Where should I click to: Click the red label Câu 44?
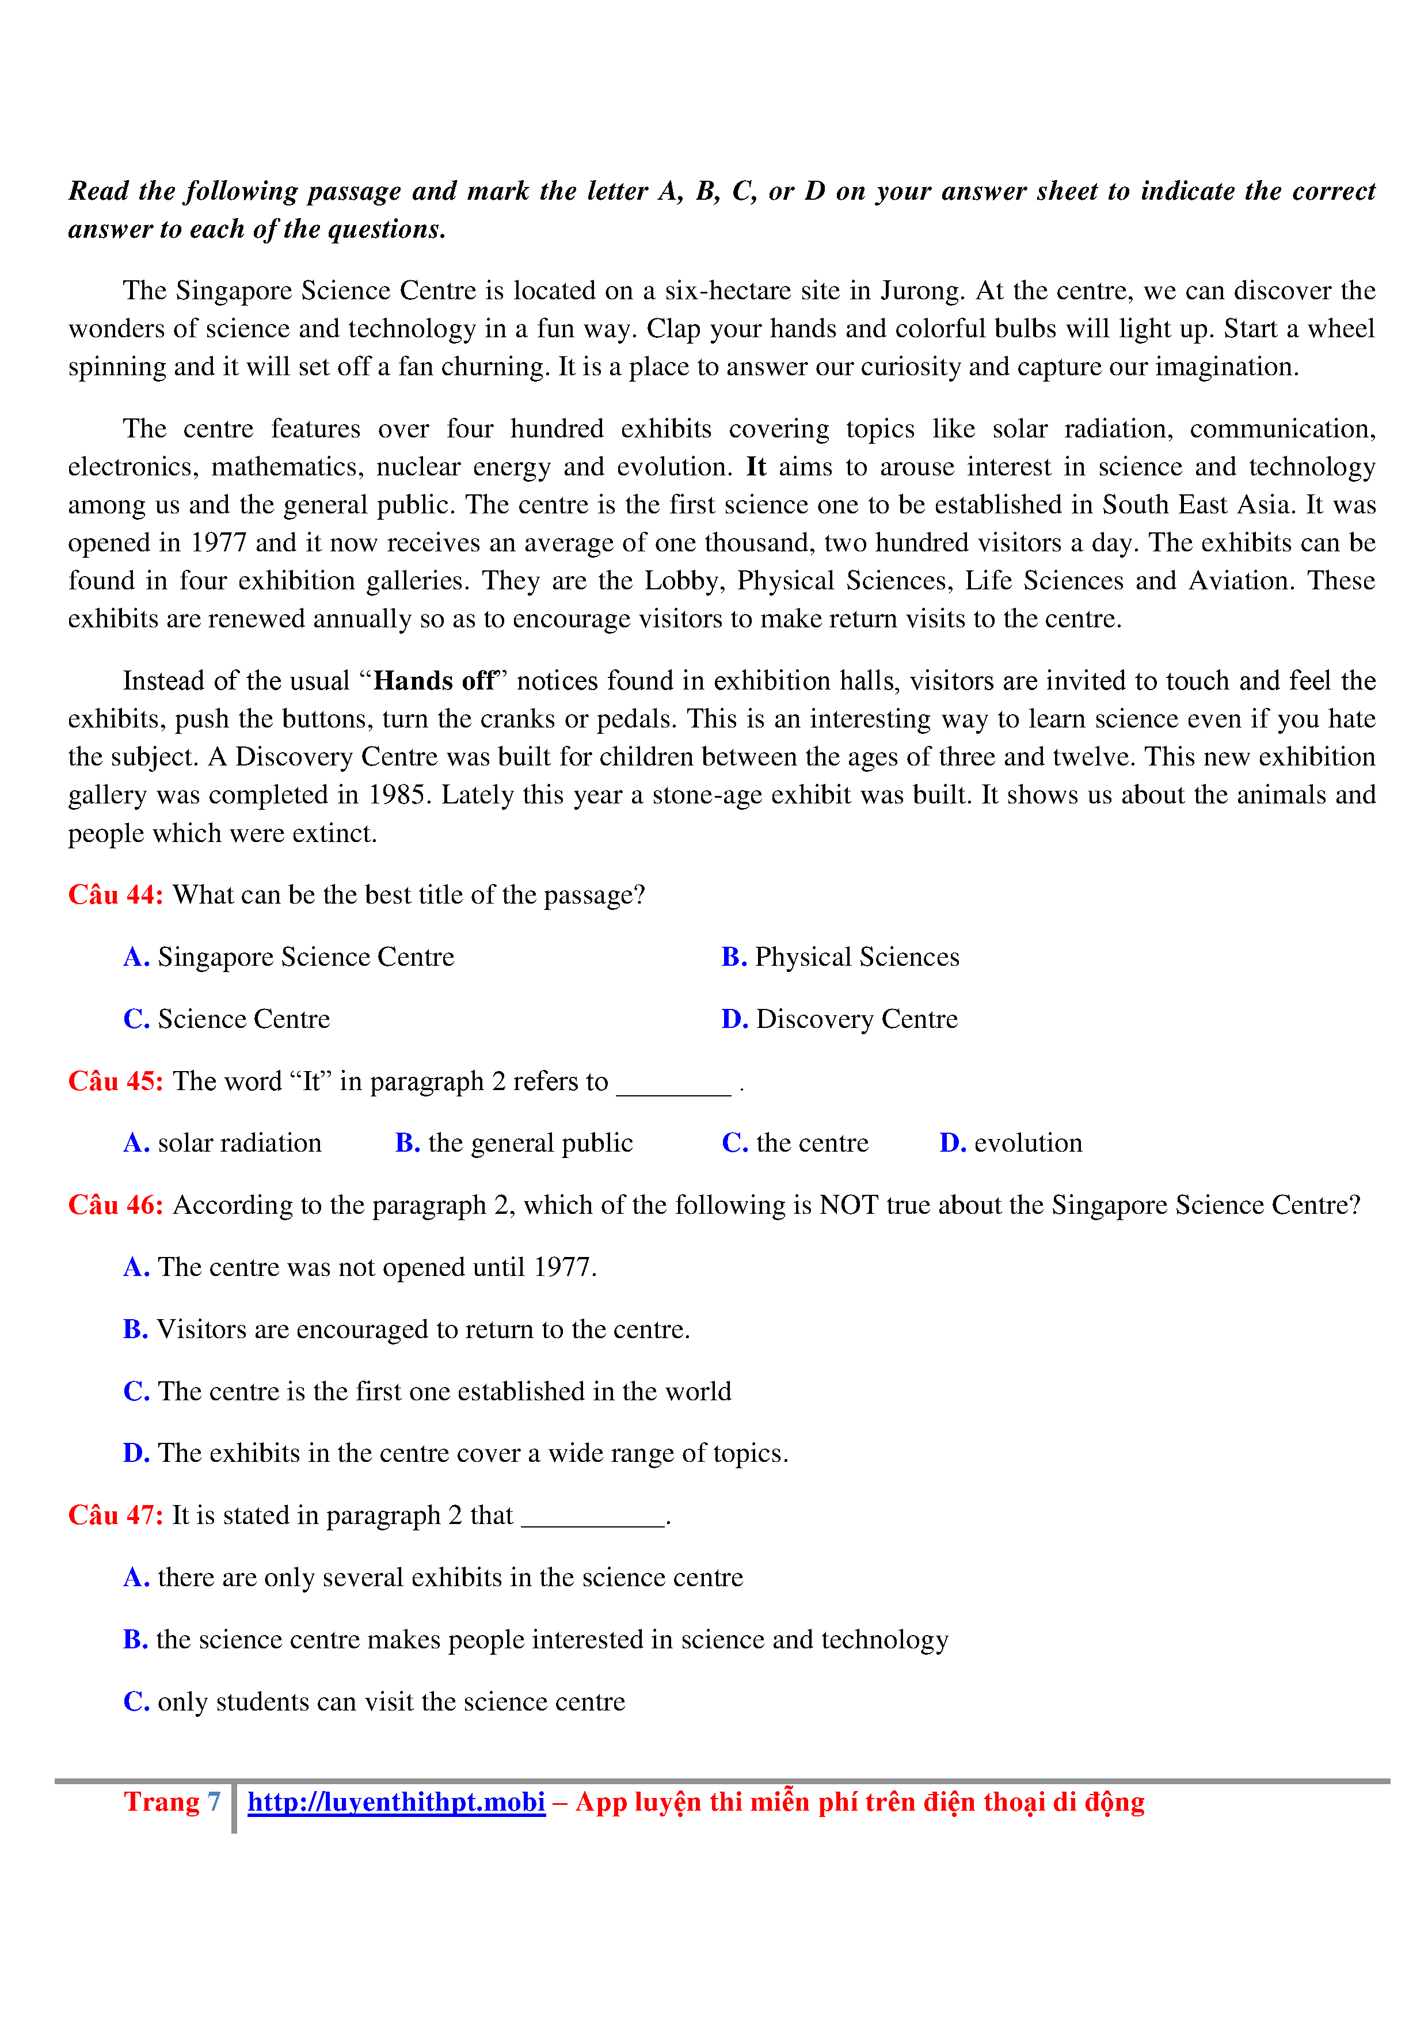pos(115,895)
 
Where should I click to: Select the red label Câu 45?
pos(115,1081)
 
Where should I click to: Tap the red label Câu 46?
pos(115,1206)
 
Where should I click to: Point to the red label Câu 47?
pos(115,1516)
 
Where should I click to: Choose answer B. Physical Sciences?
pos(840,957)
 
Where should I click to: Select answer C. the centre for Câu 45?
pos(795,1143)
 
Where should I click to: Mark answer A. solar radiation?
pos(223,1143)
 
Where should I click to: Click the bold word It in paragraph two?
pos(755,467)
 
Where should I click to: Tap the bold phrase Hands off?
pos(435,681)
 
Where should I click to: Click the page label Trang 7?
pos(172,1803)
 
